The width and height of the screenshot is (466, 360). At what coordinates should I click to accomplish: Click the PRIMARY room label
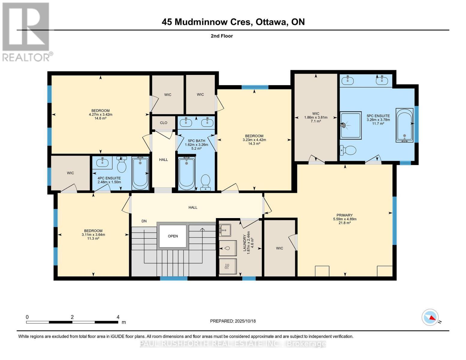(x=344, y=215)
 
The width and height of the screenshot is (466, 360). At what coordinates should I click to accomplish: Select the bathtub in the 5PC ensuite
(x=404, y=125)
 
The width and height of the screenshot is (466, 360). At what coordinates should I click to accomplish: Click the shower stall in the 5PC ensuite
(x=350, y=125)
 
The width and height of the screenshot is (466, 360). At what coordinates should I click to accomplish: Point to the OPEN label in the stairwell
(x=173, y=236)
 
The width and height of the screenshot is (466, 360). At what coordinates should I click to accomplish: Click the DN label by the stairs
(x=144, y=221)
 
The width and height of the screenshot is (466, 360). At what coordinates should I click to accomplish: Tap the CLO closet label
(x=164, y=123)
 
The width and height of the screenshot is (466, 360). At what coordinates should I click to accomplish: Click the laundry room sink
(x=224, y=230)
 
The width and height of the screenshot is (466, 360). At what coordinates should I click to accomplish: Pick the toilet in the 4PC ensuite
(x=122, y=164)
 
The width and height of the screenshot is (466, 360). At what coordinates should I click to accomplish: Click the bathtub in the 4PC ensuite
(x=140, y=173)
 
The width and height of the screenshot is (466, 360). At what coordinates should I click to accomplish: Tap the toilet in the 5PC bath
(x=206, y=182)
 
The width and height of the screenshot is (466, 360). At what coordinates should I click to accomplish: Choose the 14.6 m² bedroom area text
(x=101, y=118)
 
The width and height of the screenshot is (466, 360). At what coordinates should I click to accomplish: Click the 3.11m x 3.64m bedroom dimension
(x=93, y=235)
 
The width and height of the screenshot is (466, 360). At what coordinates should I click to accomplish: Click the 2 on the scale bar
(x=72, y=317)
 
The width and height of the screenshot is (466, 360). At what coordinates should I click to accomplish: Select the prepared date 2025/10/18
(x=245, y=321)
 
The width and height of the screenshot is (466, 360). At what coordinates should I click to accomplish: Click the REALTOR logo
(x=26, y=31)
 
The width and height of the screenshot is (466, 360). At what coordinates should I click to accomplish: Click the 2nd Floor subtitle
(x=222, y=36)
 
